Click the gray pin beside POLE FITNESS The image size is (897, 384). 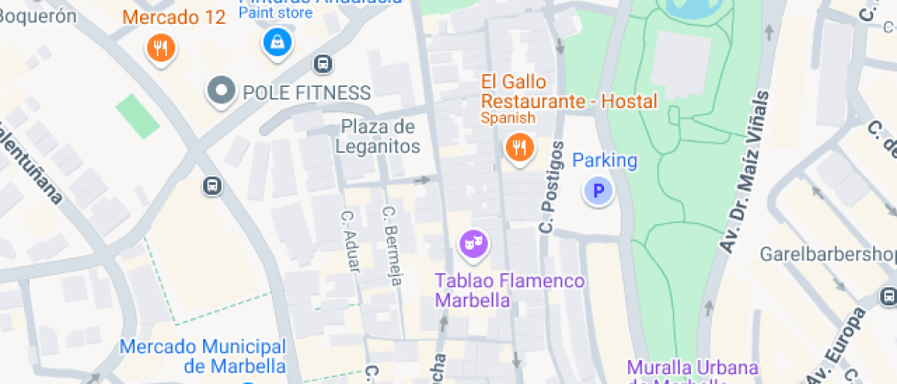point(221,91)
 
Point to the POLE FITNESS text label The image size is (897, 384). point(306,92)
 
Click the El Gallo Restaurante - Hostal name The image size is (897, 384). point(569,91)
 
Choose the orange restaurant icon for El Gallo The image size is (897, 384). point(519,146)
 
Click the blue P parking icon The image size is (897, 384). point(599,191)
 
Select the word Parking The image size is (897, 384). point(604,161)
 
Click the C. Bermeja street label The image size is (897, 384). point(392,245)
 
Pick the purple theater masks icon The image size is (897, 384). point(472,243)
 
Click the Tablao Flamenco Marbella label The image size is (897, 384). point(510,291)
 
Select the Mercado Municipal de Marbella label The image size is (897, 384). point(203,357)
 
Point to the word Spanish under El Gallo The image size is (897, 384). point(508,118)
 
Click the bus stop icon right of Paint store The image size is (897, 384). point(322,64)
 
